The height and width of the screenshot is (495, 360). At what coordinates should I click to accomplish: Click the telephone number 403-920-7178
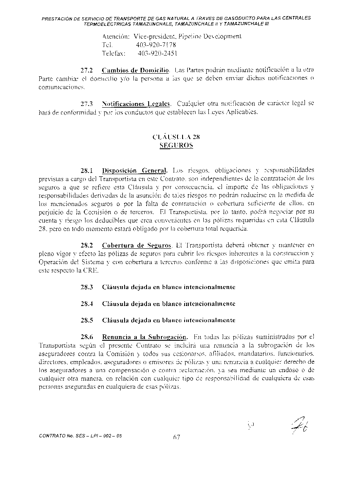coord(156,45)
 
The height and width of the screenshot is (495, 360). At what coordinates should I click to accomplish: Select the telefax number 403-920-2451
coord(158,53)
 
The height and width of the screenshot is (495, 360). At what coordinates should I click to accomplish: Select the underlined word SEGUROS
coord(176,145)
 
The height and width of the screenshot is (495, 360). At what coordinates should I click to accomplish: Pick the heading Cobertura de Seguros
coord(136,245)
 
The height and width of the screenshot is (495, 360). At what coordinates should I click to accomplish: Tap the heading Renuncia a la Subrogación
coord(144,337)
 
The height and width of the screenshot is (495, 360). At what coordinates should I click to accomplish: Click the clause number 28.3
coord(87,287)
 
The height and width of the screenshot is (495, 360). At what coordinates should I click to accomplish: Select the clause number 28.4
coord(87,304)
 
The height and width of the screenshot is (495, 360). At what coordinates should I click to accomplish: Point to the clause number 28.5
coord(87,320)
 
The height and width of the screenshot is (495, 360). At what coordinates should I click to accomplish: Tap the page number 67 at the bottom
coord(177,437)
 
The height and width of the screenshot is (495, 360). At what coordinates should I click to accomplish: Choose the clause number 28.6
coord(87,337)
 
